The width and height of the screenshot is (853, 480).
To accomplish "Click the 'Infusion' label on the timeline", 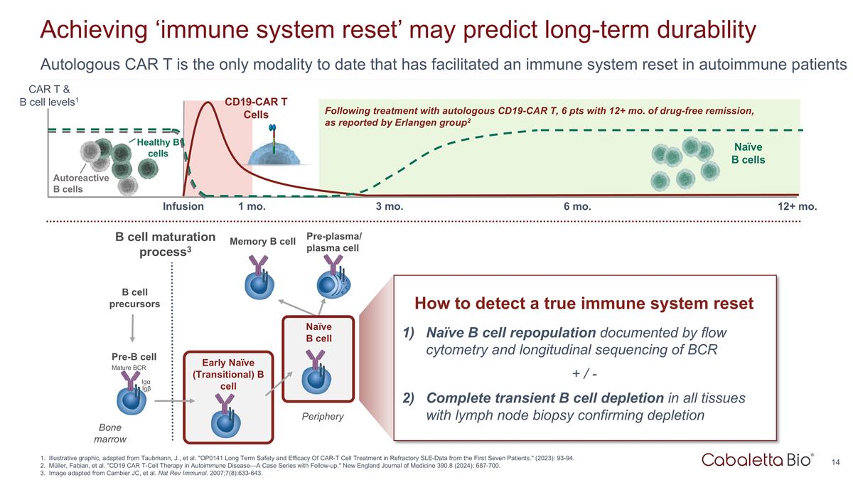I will (x=183, y=207).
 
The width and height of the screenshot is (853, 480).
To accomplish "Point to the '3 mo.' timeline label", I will (x=389, y=207).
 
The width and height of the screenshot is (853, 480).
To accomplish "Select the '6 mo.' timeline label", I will (x=576, y=207).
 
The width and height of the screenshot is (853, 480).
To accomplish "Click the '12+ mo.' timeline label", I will (x=798, y=207).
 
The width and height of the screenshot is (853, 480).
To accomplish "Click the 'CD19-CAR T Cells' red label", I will (x=255, y=108).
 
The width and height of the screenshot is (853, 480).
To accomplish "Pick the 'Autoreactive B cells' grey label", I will (x=81, y=183).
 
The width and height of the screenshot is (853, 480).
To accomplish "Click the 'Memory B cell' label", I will (x=262, y=242).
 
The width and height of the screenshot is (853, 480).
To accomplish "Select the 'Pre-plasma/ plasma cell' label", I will (x=332, y=242).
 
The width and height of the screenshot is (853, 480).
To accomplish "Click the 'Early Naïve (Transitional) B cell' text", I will (x=228, y=373).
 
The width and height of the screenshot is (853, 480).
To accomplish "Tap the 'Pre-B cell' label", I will (x=134, y=356).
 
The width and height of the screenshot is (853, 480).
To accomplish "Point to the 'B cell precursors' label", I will (x=134, y=298).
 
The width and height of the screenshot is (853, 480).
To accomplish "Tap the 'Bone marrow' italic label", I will (x=110, y=434).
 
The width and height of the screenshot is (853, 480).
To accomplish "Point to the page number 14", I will (x=836, y=462).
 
